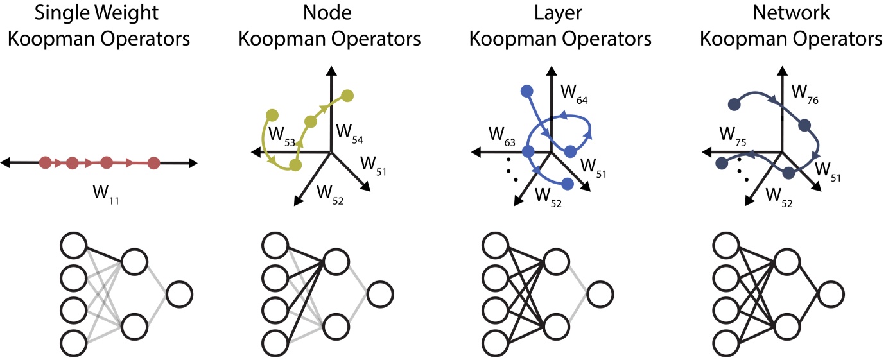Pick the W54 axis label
point(350,135)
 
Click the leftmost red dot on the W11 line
point(45,163)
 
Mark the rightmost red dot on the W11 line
point(153,163)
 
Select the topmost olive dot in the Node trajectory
point(347,96)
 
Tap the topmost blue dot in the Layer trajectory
point(528,91)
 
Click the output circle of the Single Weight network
point(179,296)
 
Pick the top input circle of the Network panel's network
point(727,247)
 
